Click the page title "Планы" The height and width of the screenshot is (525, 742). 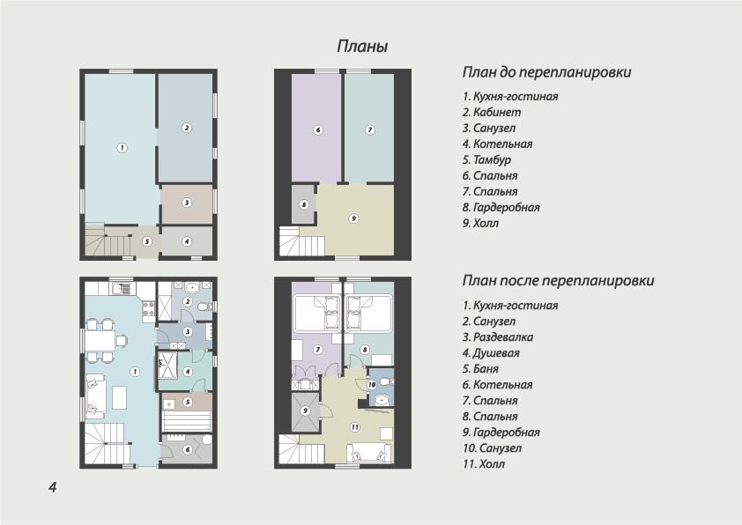point(362,47)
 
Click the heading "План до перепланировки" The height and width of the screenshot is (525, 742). point(546,72)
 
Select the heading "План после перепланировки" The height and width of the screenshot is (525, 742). point(558,280)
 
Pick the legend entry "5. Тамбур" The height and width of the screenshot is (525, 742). point(486,159)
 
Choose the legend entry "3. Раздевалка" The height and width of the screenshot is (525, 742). point(498,337)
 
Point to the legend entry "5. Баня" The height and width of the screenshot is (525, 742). point(480,369)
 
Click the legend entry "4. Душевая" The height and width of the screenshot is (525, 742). point(491,353)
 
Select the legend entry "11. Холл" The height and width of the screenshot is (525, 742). point(484,464)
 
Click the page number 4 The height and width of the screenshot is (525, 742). point(53,487)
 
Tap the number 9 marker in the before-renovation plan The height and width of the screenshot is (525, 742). point(353,218)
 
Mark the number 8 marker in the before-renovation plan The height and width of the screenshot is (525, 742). point(304,204)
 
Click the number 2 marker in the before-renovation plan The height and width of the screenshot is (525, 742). point(187,128)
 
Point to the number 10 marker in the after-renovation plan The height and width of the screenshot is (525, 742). point(372,385)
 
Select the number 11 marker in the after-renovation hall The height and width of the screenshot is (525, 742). point(355,427)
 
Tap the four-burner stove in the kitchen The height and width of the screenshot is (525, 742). point(149,308)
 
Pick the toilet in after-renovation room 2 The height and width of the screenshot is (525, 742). point(205,307)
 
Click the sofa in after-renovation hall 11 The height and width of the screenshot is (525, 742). point(369,453)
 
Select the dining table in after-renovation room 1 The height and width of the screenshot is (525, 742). point(100,341)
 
